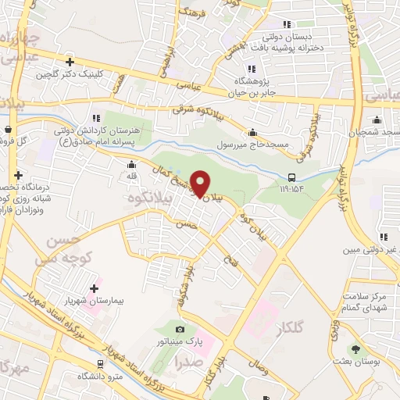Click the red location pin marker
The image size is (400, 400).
(x=201, y=184)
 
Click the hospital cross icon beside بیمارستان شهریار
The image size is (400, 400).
(x=95, y=288)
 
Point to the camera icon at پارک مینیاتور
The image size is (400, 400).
(x=180, y=330)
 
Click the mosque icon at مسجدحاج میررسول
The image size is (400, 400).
(x=252, y=133)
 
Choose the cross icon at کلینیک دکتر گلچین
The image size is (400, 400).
(x=70, y=62)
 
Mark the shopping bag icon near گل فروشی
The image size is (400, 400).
(x=7, y=129)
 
